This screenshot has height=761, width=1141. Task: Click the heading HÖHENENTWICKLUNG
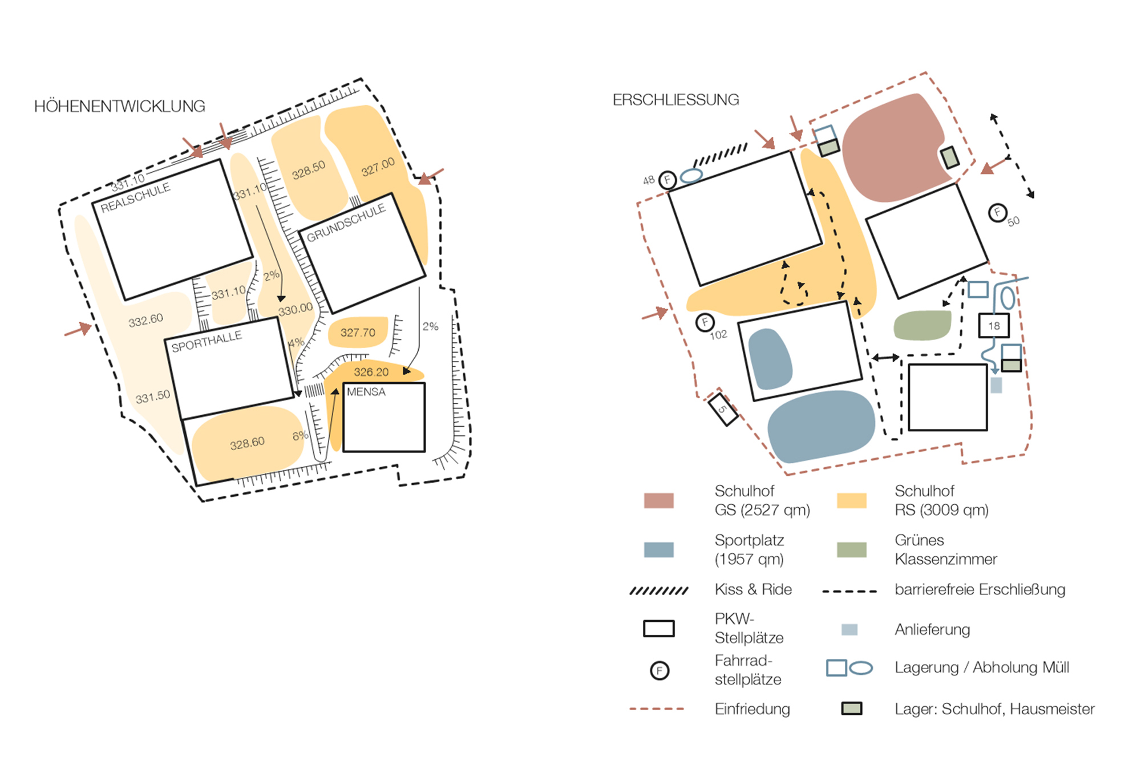pyautogui.click(x=119, y=106)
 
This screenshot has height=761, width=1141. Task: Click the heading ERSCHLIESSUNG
pyautogui.click(x=675, y=100)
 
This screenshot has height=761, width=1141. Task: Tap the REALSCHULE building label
pyautogui.click(x=136, y=197)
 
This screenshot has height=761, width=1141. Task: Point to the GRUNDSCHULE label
pyautogui.click(x=346, y=223)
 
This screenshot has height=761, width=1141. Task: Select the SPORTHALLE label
pyautogui.click(x=207, y=341)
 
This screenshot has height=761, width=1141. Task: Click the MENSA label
pyautogui.click(x=366, y=392)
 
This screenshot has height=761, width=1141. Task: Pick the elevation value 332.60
pyautogui.click(x=145, y=321)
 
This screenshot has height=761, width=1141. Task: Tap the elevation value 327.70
pyautogui.click(x=358, y=333)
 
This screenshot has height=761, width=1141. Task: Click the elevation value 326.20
pyautogui.click(x=371, y=373)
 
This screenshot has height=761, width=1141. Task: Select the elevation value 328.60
pyautogui.click(x=247, y=443)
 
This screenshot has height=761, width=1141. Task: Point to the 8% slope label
pyautogui.click(x=300, y=436)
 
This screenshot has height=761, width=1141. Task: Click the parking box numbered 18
pyautogui.click(x=994, y=326)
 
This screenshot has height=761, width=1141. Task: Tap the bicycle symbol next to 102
pyautogui.click(x=705, y=323)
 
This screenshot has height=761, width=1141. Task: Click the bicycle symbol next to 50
pyautogui.click(x=997, y=213)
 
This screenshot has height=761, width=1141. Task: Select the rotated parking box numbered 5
pyautogui.click(x=723, y=409)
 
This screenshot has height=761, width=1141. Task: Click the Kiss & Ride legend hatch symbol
pyautogui.click(x=659, y=590)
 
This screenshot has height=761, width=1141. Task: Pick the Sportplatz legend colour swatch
pyautogui.click(x=658, y=549)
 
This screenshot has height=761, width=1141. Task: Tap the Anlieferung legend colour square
pyautogui.click(x=849, y=630)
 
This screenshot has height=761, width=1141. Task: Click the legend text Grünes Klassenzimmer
pyautogui.click(x=946, y=549)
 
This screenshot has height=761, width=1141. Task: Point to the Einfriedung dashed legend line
pyautogui.click(x=657, y=709)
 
